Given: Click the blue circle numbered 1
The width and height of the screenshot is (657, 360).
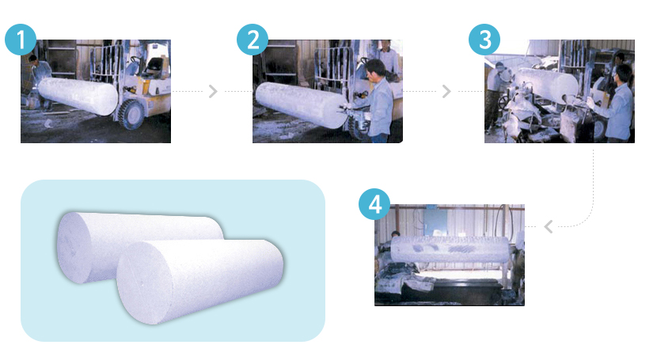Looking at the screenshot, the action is (21, 40).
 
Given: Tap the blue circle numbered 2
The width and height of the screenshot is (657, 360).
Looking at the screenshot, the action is (253, 40).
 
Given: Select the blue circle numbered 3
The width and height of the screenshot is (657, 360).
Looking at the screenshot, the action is (484, 40).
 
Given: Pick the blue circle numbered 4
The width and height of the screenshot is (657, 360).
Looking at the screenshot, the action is (374, 204).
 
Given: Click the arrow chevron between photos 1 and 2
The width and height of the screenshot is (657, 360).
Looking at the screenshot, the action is (213, 91).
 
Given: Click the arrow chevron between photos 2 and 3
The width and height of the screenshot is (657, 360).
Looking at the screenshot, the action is (446, 91).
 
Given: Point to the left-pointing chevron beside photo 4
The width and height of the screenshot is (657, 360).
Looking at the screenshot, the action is (549, 226).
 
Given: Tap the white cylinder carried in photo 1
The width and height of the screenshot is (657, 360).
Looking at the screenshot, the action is (78, 96).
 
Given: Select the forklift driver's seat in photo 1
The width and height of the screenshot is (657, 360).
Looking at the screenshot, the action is (154, 67).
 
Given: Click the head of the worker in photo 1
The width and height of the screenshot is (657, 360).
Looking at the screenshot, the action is (33, 59).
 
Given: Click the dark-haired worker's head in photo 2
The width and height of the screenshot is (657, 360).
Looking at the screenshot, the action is (375, 69).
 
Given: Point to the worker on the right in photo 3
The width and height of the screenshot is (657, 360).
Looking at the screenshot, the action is (615, 104).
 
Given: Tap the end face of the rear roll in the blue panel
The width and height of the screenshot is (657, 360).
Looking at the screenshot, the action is (74, 247).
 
